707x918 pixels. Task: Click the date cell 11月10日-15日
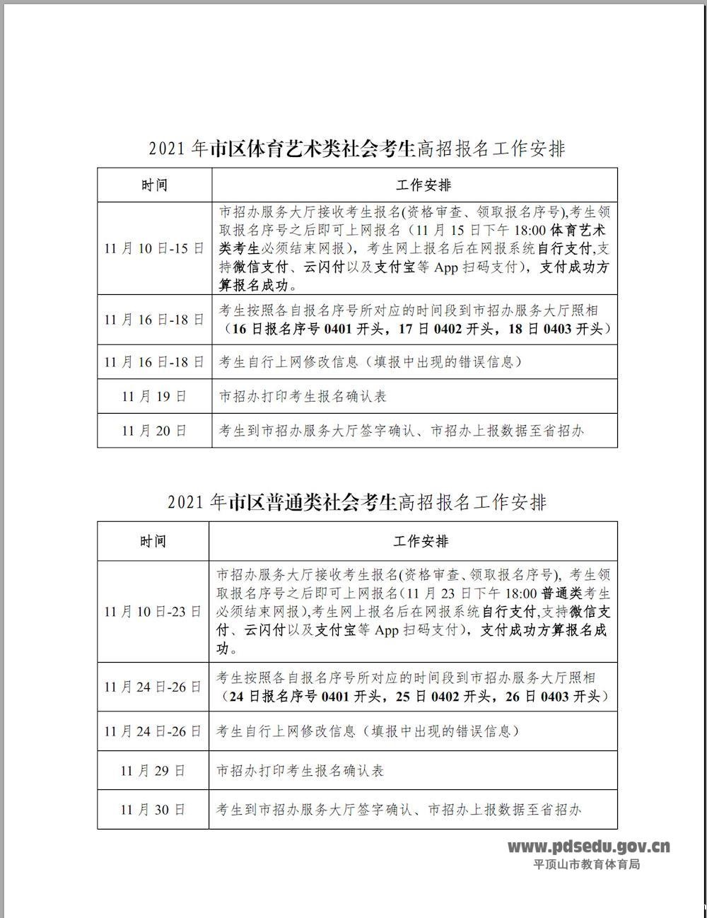click(x=154, y=249)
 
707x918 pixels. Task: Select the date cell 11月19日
click(x=154, y=396)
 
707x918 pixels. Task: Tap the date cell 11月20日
click(x=154, y=431)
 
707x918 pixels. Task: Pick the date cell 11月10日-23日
click(x=153, y=612)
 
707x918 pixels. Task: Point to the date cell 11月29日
click(x=153, y=770)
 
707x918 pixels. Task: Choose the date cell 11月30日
click(x=153, y=810)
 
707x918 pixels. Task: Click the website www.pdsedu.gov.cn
click(x=589, y=847)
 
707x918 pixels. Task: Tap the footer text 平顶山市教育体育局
click(x=586, y=864)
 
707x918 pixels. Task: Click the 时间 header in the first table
click(x=154, y=185)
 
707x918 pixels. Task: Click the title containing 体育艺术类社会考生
click(x=357, y=149)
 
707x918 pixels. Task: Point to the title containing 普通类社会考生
click(x=357, y=502)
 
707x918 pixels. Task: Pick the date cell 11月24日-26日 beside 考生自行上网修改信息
click(x=153, y=731)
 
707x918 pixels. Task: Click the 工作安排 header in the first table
click(x=423, y=185)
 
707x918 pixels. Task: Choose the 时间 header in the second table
click(x=153, y=542)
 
